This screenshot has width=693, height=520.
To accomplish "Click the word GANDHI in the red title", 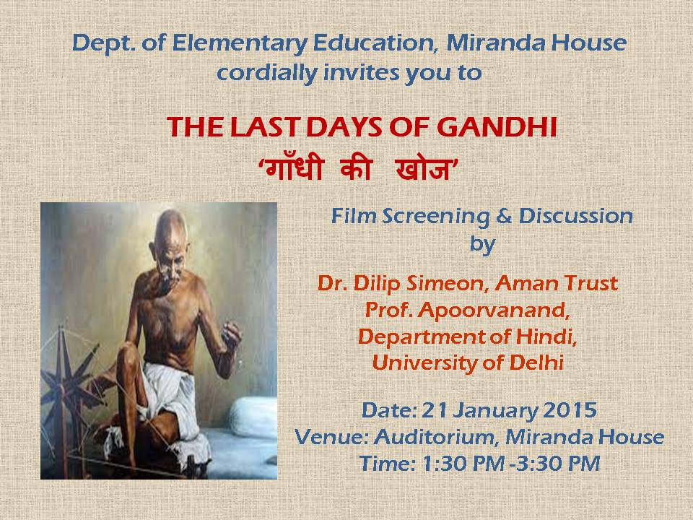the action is [x=497, y=127].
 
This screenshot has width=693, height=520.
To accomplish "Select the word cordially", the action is [x=267, y=72].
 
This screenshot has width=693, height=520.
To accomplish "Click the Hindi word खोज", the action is [x=423, y=169].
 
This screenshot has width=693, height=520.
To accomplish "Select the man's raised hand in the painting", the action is [x=231, y=335].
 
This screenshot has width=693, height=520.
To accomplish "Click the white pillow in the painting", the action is [x=253, y=417].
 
